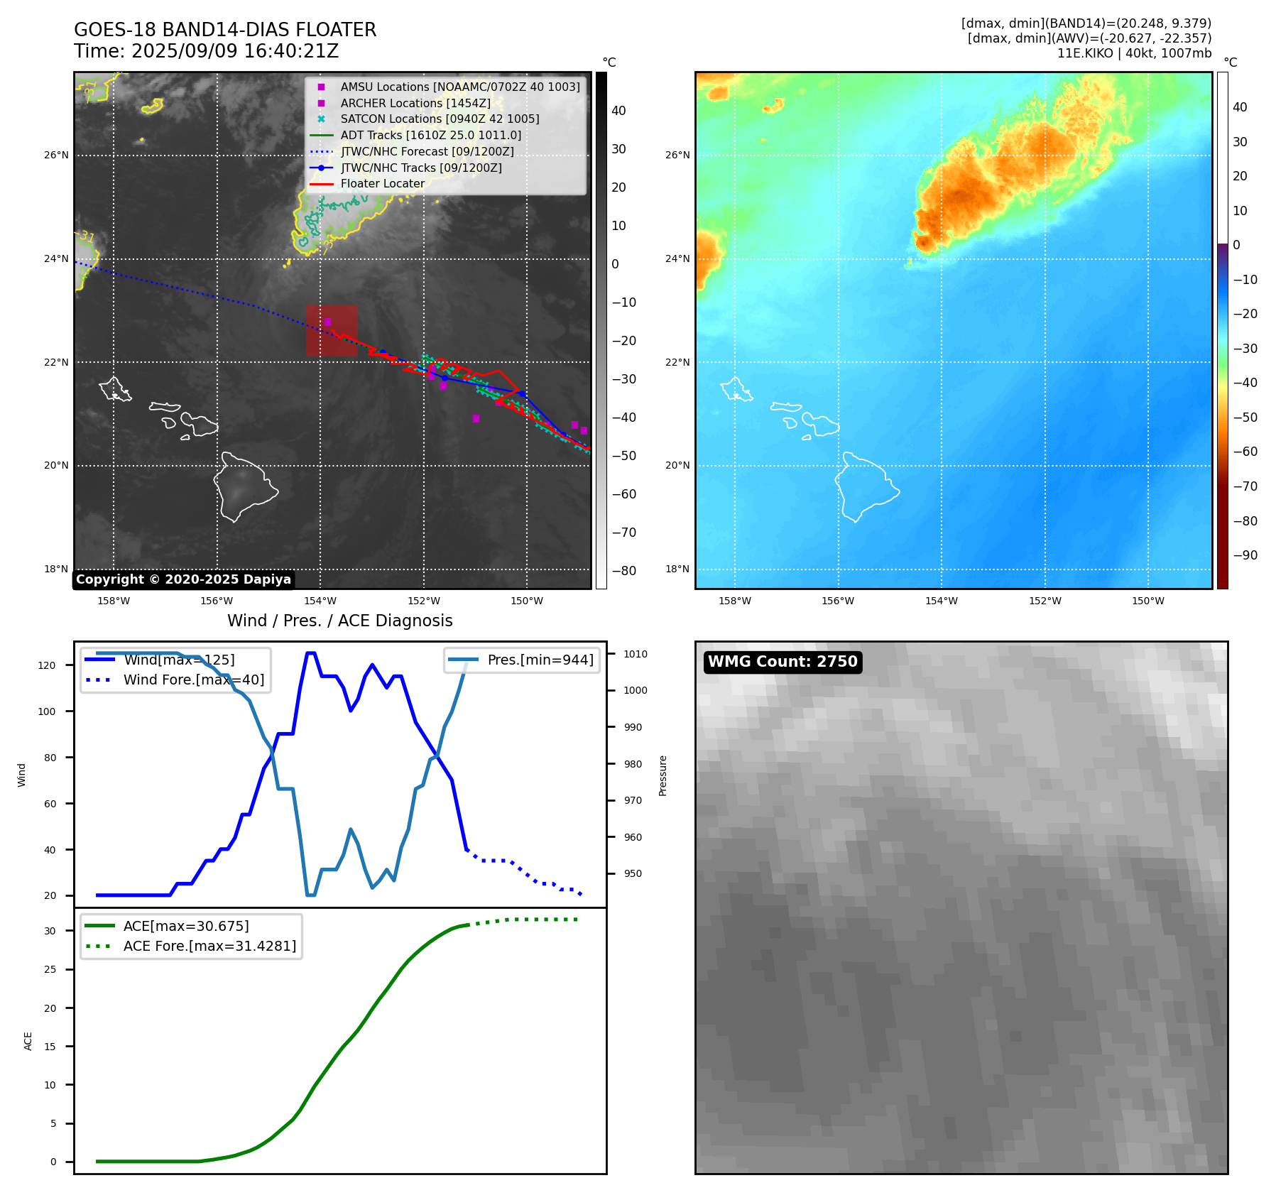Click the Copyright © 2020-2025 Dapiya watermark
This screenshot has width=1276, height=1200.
click(x=183, y=579)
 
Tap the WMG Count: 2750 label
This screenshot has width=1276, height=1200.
click(x=782, y=662)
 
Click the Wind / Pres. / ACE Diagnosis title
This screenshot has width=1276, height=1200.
click(x=339, y=621)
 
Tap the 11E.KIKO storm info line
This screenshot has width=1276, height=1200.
click(x=1134, y=53)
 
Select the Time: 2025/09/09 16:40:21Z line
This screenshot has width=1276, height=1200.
click(x=207, y=51)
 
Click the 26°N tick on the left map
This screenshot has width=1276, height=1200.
click(x=57, y=155)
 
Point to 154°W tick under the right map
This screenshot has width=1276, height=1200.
click(x=941, y=601)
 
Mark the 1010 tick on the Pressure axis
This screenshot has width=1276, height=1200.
click(x=636, y=654)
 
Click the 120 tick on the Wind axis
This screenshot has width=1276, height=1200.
click(x=47, y=665)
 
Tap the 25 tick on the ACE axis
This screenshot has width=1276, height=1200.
click(x=50, y=969)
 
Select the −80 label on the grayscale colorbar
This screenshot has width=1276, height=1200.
click(x=624, y=570)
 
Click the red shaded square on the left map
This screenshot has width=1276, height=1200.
click(x=332, y=330)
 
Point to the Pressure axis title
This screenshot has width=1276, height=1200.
click(x=662, y=775)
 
